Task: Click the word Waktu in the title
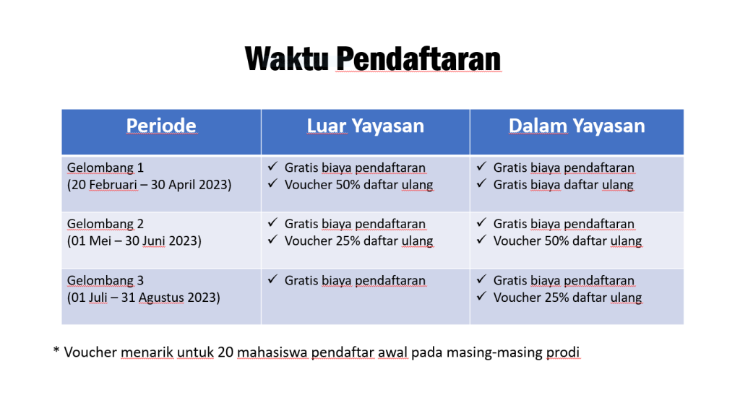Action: (x=286, y=58)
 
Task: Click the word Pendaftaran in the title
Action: (x=418, y=58)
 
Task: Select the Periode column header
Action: (x=161, y=126)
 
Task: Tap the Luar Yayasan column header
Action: (x=365, y=126)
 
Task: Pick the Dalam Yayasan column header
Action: (x=577, y=126)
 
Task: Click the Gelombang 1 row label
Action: (x=106, y=168)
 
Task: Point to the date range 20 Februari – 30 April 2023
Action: (x=149, y=184)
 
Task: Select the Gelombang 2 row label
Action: (x=106, y=224)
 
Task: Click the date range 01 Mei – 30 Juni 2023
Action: (x=134, y=241)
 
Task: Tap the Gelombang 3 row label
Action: (x=106, y=281)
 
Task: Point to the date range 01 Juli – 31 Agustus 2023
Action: (x=144, y=298)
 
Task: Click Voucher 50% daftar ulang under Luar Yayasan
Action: (x=358, y=185)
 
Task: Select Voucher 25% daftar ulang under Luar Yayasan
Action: (x=358, y=241)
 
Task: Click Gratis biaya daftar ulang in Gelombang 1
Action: (x=564, y=185)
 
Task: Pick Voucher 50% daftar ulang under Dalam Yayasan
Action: (x=568, y=241)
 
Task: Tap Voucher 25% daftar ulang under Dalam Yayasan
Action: (x=568, y=298)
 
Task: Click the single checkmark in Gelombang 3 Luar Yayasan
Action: (x=272, y=279)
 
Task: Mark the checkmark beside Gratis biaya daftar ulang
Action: (x=481, y=183)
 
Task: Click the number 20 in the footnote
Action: (x=225, y=352)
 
